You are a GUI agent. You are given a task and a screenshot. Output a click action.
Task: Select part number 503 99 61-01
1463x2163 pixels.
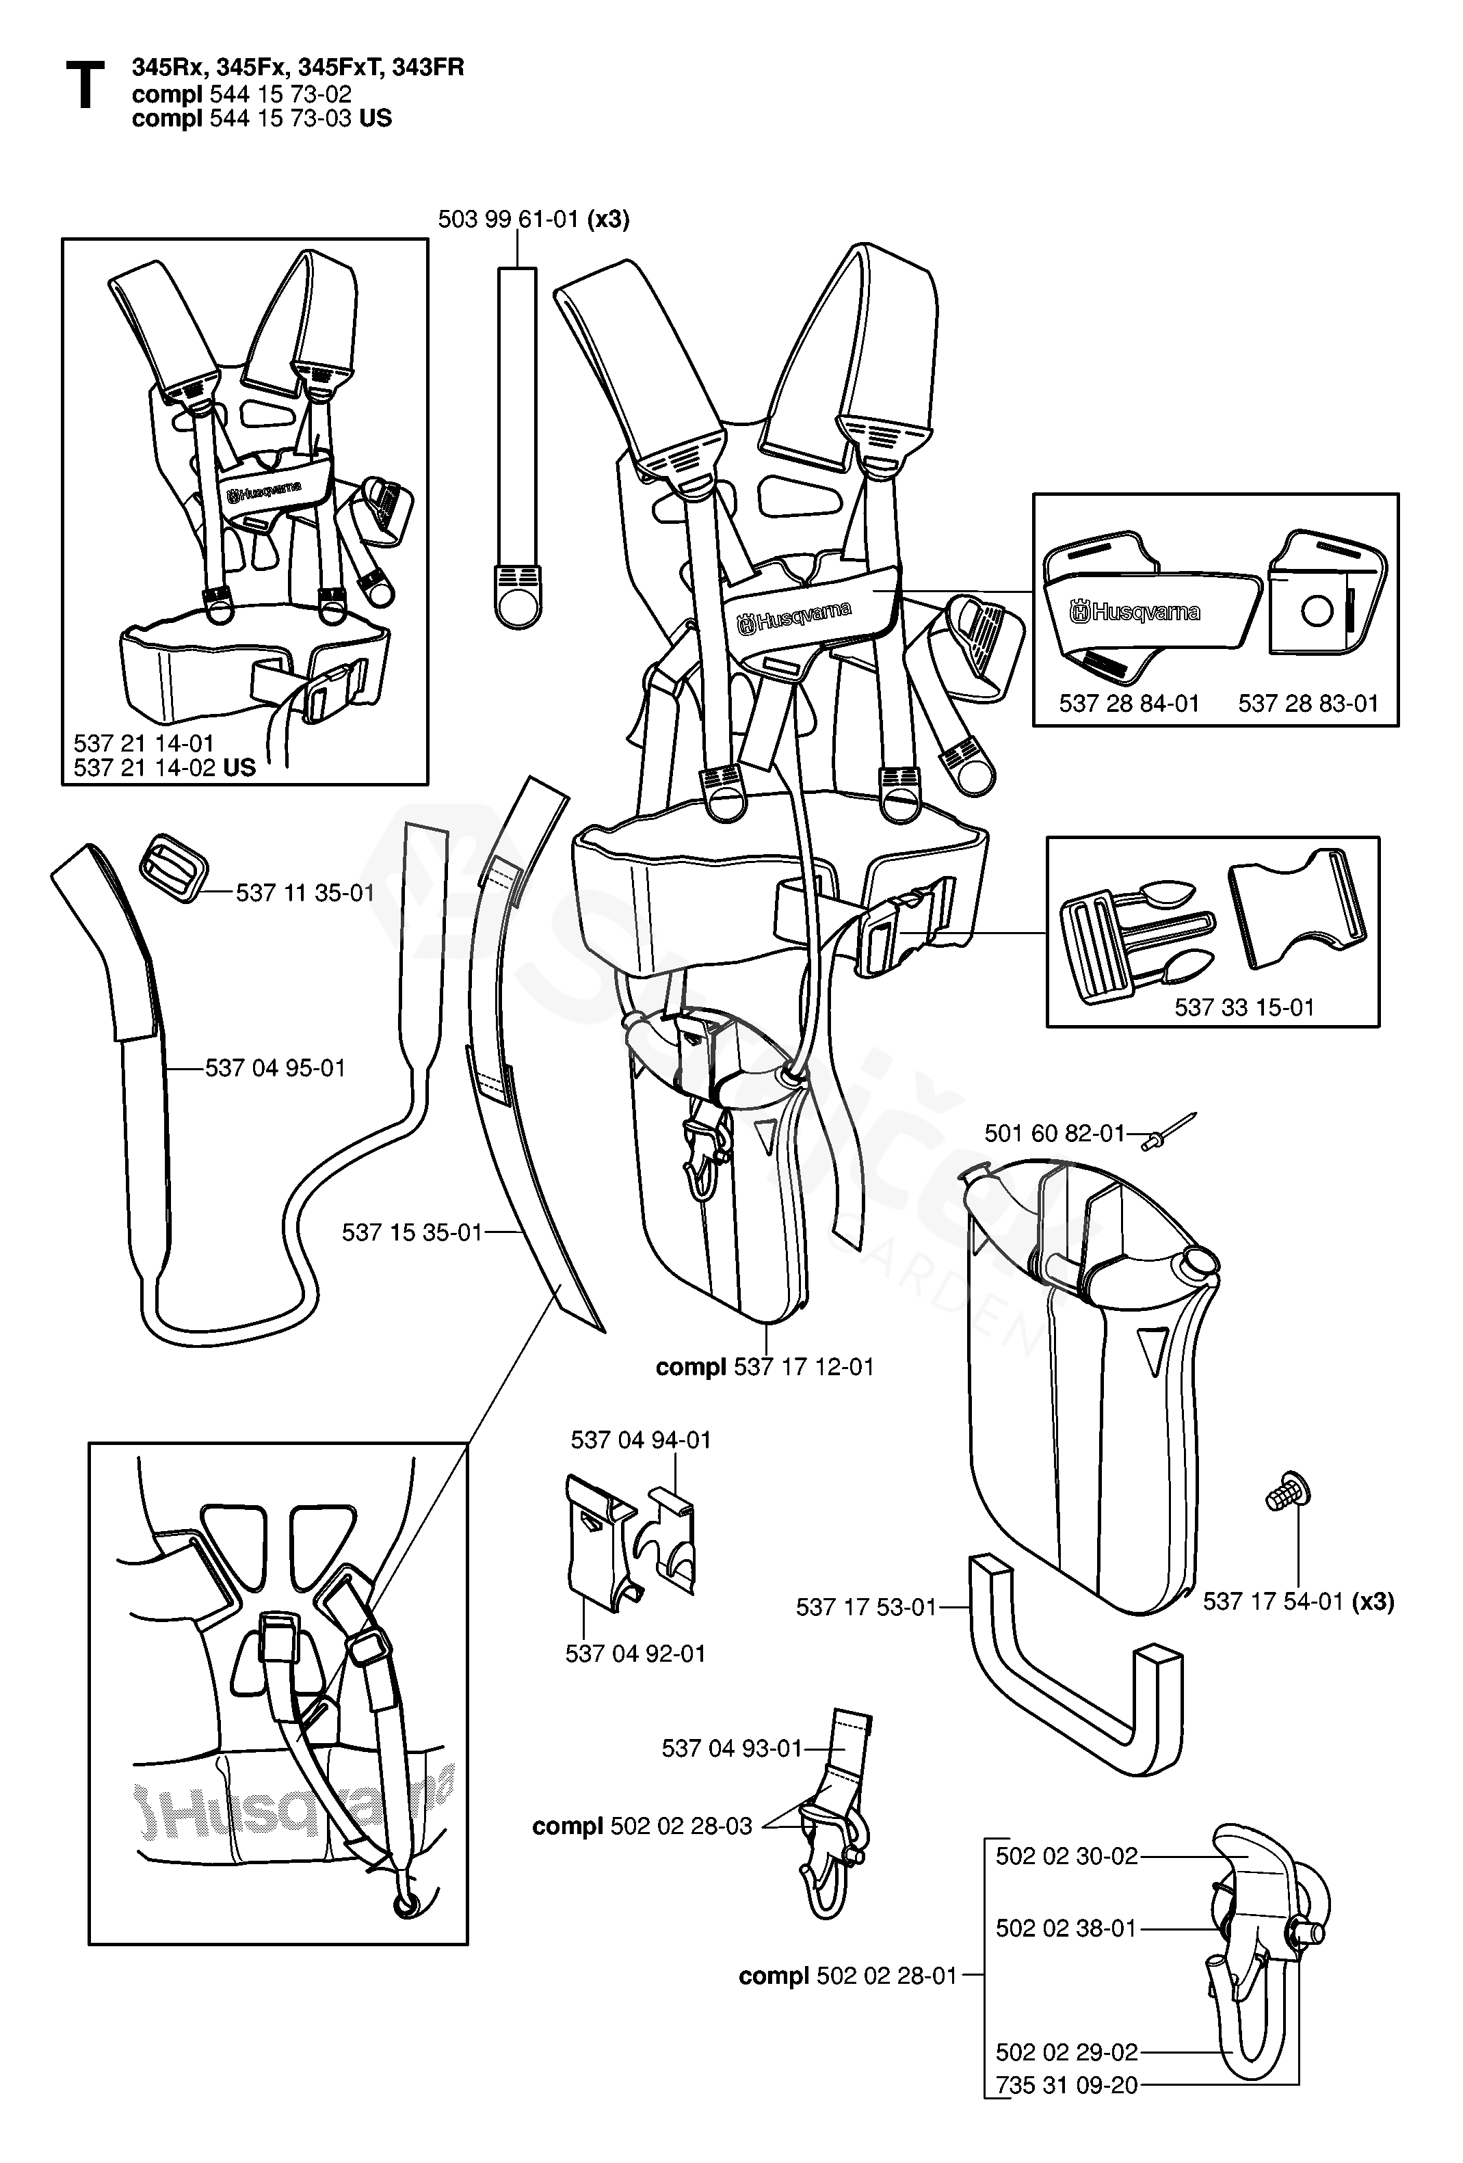point(512,220)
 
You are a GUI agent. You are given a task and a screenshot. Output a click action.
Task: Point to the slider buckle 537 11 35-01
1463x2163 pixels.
point(172,867)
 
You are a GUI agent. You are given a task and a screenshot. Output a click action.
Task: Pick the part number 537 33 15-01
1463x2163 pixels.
point(1244,1007)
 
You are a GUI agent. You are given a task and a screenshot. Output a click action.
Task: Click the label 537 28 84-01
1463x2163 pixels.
point(1129,704)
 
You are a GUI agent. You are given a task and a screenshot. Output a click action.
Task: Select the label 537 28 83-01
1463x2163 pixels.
point(1308,704)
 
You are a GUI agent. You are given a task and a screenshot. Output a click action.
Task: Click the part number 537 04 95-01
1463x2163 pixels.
point(276,1067)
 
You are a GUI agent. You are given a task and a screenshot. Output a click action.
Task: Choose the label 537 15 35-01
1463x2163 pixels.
point(412,1232)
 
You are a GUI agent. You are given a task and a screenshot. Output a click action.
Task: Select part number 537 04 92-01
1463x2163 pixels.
point(635,1654)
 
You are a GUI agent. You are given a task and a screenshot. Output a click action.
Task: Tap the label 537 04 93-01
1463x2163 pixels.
point(732,1749)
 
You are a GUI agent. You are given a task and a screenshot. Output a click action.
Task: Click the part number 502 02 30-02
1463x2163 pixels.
point(1066,1856)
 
